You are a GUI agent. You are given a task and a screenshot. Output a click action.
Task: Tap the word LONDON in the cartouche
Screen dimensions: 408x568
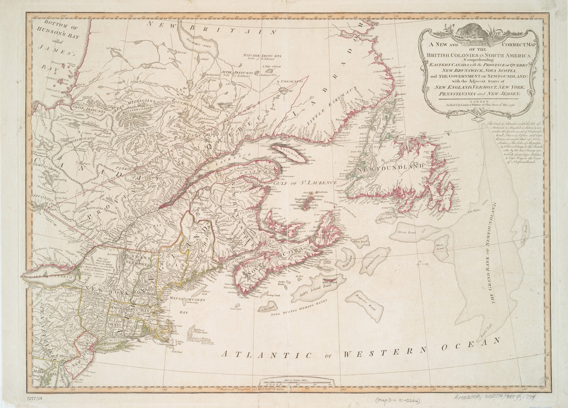(478, 102)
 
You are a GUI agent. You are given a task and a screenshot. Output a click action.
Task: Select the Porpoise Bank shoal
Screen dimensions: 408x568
(363, 305)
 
